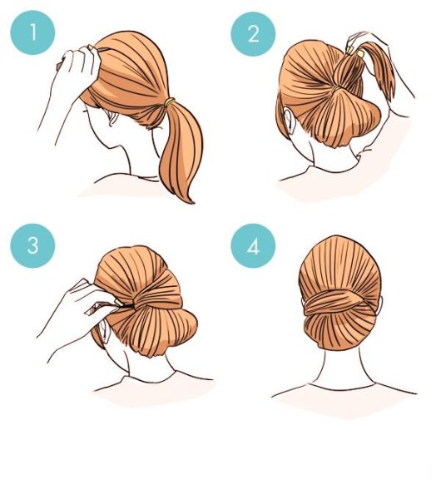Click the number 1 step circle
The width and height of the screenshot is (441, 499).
tap(32, 32)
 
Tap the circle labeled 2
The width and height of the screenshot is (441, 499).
tap(253, 34)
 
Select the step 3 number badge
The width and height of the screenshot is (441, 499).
tap(32, 245)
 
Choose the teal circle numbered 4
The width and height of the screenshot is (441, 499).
tap(253, 245)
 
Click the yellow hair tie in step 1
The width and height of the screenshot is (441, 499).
tap(170, 102)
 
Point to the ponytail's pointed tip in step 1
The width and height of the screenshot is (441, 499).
tap(192, 202)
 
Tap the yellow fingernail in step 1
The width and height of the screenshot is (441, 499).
tap(90, 47)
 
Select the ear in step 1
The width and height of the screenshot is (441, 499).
tap(111, 118)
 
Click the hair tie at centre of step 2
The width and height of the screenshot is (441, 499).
tap(336, 89)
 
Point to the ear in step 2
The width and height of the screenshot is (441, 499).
tap(290, 120)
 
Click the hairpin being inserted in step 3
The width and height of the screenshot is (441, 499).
tap(122, 305)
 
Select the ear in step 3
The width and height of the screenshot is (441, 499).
tap(103, 332)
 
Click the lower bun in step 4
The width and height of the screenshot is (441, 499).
tap(339, 331)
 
